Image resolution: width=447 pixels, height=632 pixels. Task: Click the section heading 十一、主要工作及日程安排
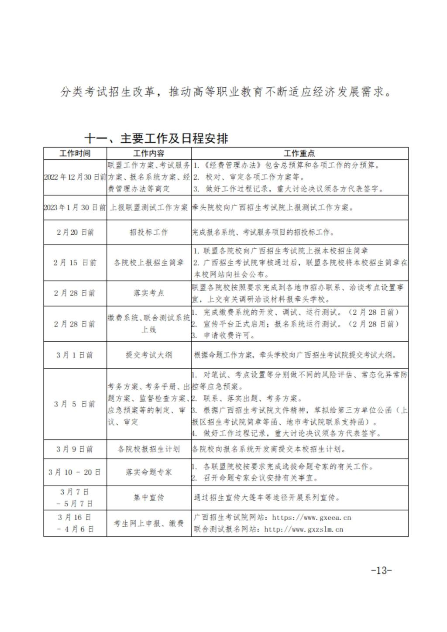tap(156, 138)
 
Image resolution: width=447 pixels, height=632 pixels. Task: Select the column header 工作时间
tap(75, 153)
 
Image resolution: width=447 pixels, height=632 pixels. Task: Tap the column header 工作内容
tap(149, 153)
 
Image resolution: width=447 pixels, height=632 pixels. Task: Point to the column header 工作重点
tap(299, 153)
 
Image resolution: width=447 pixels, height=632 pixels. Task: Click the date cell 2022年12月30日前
tap(75, 177)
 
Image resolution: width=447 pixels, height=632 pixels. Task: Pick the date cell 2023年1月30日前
tap(75, 207)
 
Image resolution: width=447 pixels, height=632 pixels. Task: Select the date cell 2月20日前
tap(75, 232)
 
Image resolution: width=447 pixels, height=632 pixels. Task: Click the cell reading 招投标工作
tap(149, 232)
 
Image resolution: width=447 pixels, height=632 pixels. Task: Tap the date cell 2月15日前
tap(75, 263)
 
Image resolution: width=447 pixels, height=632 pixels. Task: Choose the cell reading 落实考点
tap(149, 293)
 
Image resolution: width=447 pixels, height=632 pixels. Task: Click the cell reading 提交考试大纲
tap(149, 355)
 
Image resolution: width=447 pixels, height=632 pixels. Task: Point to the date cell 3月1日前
tap(75, 355)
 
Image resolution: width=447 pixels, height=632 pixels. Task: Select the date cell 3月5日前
tap(75, 404)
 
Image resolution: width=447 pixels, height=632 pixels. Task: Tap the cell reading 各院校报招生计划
tap(149, 449)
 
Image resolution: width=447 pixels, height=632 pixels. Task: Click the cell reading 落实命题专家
tap(149, 472)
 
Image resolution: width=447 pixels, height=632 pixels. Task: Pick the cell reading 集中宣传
tap(149, 497)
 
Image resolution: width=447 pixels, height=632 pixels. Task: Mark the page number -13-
tap(381, 570)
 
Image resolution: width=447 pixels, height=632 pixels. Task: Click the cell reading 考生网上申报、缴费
tap(149, 523)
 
